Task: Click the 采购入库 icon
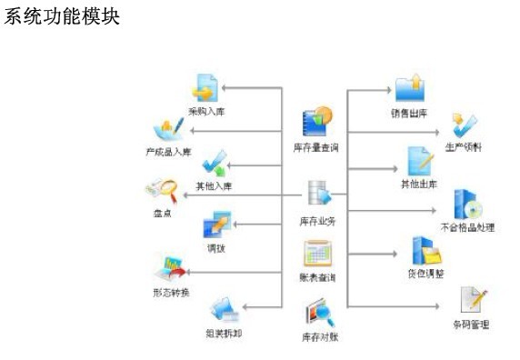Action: (205, 89)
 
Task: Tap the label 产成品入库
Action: (168, 151)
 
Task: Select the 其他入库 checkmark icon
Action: (215, 165)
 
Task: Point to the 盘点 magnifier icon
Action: (161, 192)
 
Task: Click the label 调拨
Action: (215, 247)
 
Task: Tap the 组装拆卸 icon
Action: (224, 312)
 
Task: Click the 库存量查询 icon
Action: (317, 123)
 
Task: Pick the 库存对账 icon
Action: (318, 313)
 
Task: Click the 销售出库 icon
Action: (408, 89)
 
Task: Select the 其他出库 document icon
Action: (417, 162)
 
